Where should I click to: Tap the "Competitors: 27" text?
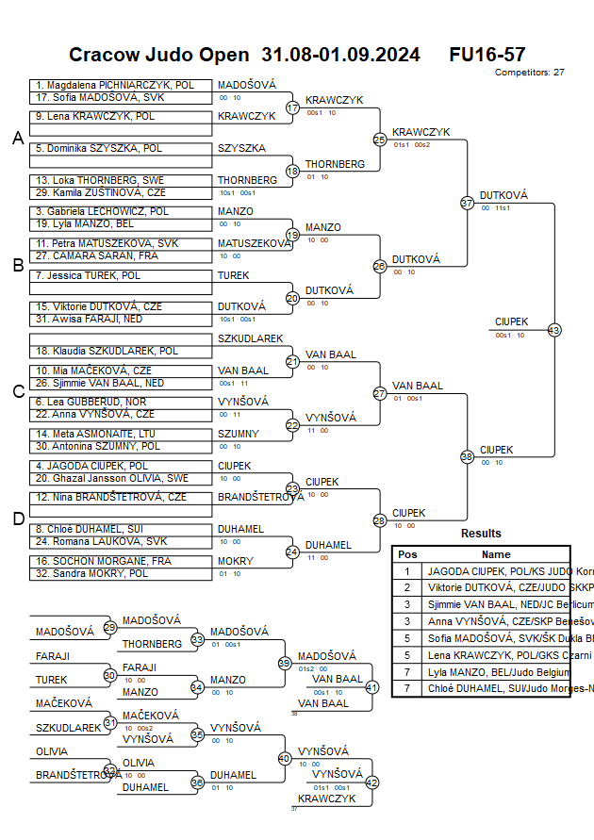529,72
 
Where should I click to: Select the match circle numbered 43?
554,330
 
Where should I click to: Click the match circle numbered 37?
467,203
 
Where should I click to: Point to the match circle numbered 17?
292,107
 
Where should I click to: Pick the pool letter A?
17,139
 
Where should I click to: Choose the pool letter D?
17,518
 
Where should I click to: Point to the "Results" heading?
481,534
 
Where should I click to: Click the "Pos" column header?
407,554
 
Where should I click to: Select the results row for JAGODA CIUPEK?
481,571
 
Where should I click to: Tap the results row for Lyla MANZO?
481,672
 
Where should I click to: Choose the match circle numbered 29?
109,627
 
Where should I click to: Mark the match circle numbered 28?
380,520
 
